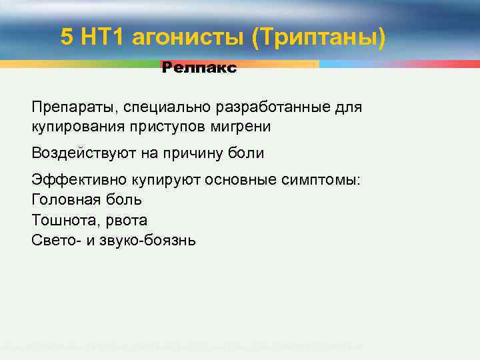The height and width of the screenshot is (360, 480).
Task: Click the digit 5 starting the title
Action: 67,37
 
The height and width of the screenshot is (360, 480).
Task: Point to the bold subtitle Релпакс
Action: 199,68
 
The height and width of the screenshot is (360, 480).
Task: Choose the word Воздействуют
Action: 80,153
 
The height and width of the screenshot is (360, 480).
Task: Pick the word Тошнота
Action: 61,220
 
